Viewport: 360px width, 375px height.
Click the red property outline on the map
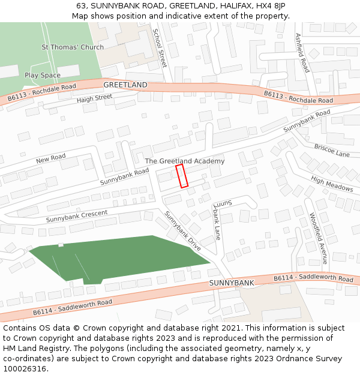tap(182, 176)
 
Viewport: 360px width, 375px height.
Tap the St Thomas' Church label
tap(72, 47)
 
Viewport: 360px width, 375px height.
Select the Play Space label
tap(43, 75)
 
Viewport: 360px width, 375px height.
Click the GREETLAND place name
tap(125, 85)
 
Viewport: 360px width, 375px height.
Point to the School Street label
tap(159, 47)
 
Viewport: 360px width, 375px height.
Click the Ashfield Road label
tap(302, 53)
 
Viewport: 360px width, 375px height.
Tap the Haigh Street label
tap(94, 98)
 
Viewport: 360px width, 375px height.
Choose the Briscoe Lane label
tap(332, 151)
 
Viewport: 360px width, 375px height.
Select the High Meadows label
tap(332, 184)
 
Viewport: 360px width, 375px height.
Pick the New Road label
tap(50, 159)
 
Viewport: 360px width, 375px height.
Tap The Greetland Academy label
tap(185, 161)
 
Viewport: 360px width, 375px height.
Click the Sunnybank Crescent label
tap(77, 216)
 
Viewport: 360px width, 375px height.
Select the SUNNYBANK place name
tap(232, 282)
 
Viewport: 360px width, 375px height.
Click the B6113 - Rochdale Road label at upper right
tap(298, 97)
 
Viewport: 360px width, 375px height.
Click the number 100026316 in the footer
tap(25, 369)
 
